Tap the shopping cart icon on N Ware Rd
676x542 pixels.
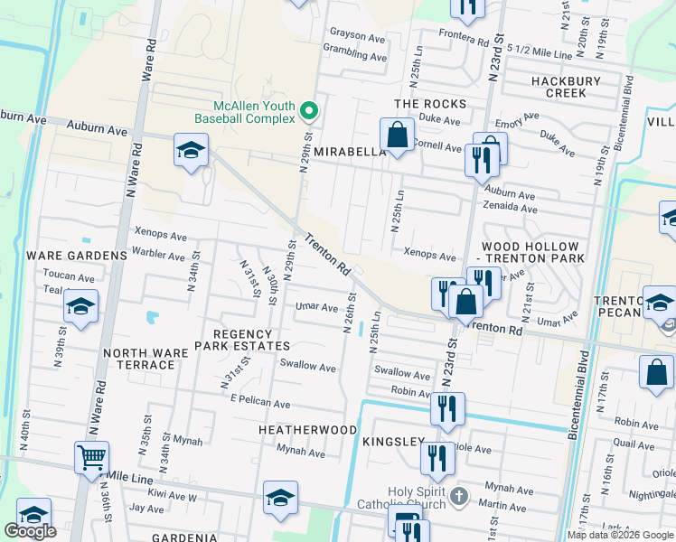(91, 458)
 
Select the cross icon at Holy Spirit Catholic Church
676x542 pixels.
(459, 496)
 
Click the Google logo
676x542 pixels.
(30, 531)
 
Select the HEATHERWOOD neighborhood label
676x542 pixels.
(307, 430)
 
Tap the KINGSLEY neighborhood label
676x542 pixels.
(393, 442)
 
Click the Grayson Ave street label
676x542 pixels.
(358, 37)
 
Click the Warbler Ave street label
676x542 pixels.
(159, 254)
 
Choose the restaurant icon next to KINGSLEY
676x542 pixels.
(437, 460)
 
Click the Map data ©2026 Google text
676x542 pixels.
(619, 535)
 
